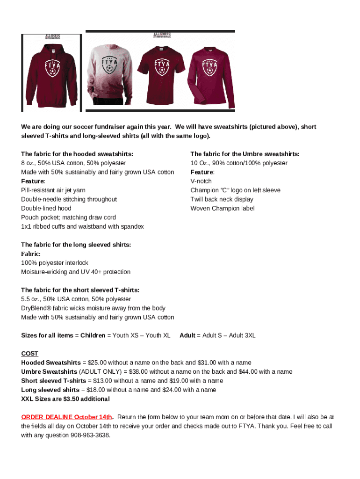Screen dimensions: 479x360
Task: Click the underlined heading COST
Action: (29, 354)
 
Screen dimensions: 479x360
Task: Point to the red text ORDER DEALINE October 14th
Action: (66, 417)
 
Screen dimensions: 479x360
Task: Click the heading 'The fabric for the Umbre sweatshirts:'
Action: (245, 154)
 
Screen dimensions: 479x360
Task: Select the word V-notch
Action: (201, 181)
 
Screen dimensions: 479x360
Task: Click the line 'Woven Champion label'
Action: (223, 209)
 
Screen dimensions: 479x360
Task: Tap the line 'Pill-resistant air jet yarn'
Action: (53, 190)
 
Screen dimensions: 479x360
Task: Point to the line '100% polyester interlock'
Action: (55, 263)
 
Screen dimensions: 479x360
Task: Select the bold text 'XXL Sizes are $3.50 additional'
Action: (65, 399)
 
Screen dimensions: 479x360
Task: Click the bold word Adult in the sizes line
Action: (187, 335)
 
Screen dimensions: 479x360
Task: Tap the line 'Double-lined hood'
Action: (46, 209)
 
